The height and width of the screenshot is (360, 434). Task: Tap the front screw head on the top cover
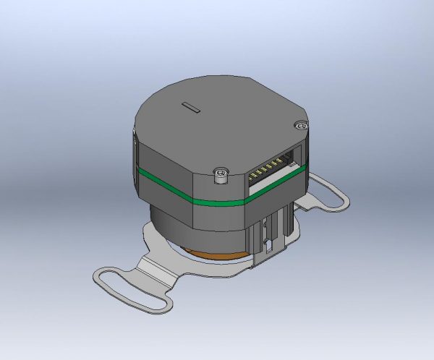221,172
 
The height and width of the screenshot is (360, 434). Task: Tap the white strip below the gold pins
276,180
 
